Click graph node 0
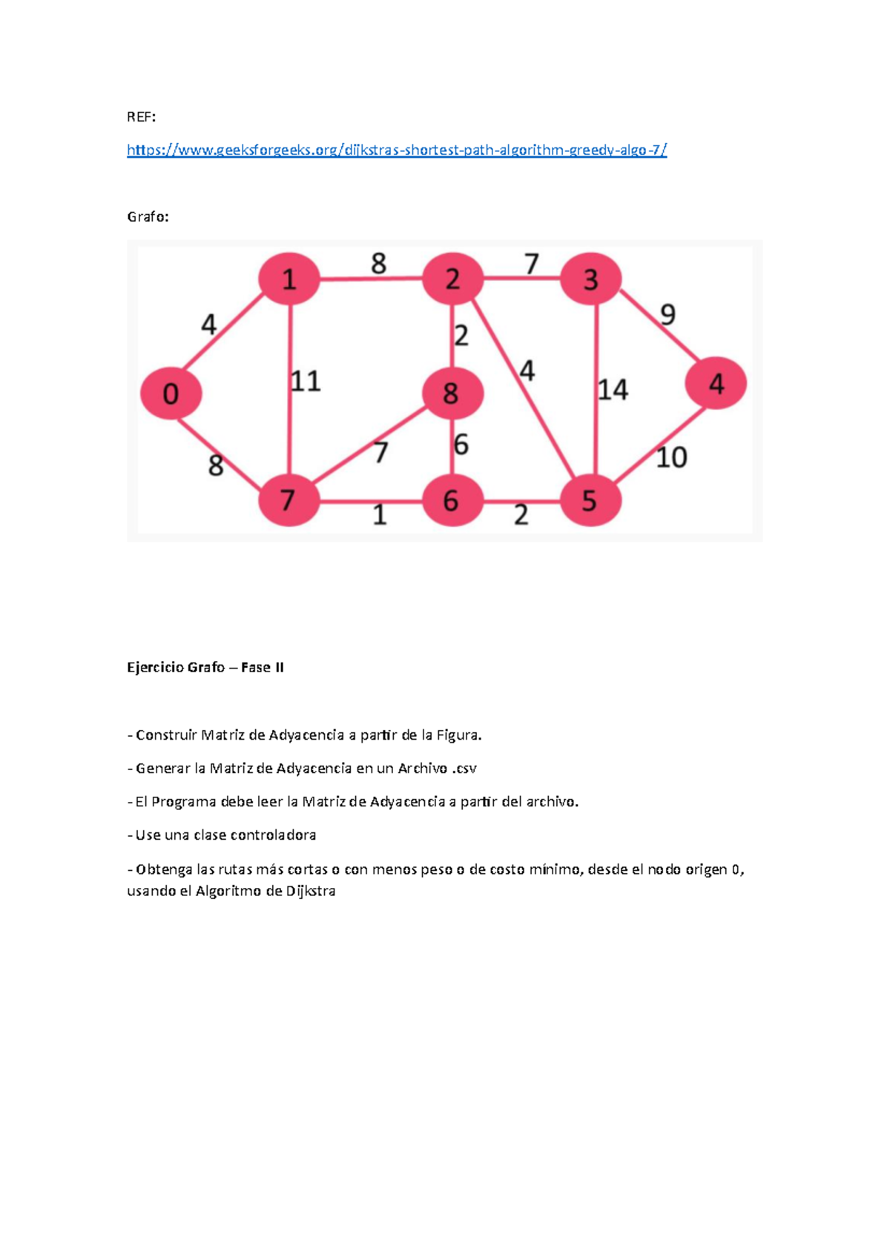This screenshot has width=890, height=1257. [171, 394]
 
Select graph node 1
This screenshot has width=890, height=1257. [289, 279]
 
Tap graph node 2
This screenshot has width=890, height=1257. [452, 279]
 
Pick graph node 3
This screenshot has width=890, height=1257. [590, 279]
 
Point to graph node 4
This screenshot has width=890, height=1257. [716, 383]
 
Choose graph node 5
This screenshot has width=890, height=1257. [590, 501]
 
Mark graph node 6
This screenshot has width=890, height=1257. [452, 501]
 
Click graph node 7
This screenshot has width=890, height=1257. [288, 501]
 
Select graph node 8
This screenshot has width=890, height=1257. [452, 394]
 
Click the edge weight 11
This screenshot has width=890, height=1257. [306, 382]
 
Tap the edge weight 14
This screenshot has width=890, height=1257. [613, 390]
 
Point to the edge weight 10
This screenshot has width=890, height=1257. [671, 458]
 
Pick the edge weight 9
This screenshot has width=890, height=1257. [667, 315]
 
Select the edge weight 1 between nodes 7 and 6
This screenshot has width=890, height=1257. [380, 515]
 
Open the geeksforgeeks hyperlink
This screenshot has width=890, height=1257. [397, 150]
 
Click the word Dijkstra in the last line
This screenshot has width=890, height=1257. [311, 892]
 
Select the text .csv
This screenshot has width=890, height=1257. [464, 769]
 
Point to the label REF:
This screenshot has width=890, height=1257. [141, 117]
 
